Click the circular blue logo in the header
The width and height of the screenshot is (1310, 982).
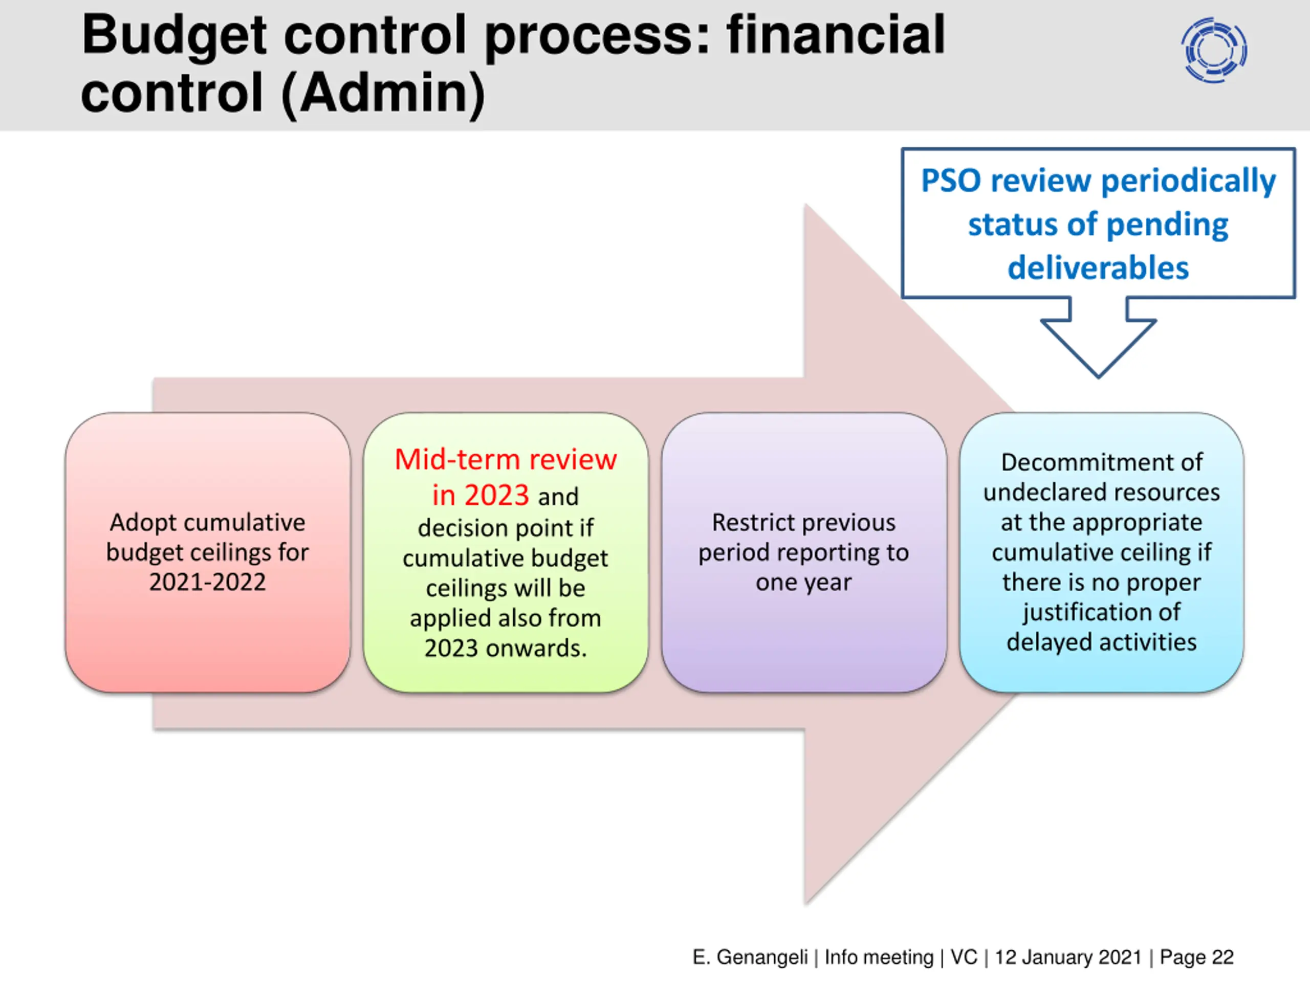tap(1213, 50)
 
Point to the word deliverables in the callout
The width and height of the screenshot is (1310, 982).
tap(1098, 268)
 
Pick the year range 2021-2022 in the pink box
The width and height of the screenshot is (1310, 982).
tap(207, 583)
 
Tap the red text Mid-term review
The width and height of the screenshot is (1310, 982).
tap(506, 460)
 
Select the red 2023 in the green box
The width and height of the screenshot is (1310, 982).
tap(496, 496)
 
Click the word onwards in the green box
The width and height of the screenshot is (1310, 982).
tap(536, 649)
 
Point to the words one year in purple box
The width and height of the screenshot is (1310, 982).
tap(803, 583)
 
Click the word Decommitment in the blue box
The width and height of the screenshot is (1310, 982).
tap(1102, 462)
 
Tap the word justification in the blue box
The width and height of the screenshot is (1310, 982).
tap(1102, 612)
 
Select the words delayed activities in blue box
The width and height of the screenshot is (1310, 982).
tap(1102, 642)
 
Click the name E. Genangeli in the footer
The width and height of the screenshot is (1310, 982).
tap(750, 957)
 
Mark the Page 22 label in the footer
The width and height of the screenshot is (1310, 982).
tap(1196, 957)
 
